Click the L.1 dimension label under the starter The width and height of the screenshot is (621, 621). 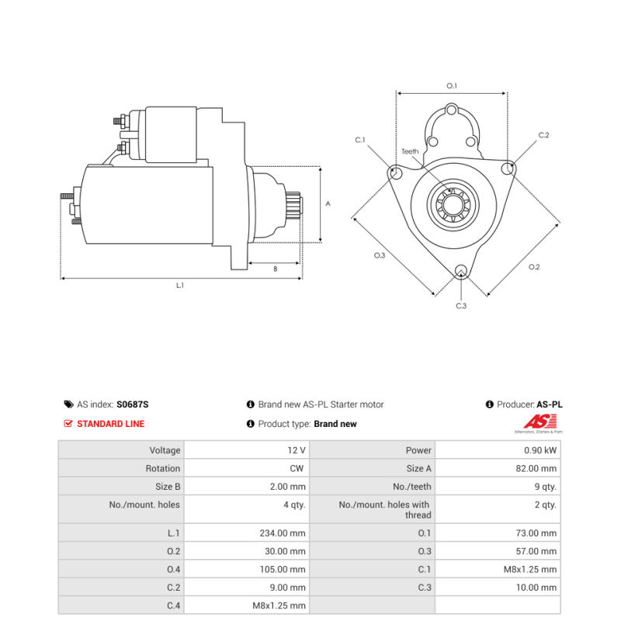(180, 286)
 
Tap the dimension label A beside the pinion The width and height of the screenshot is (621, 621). (328, 204)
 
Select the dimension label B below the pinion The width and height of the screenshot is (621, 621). (275, 269)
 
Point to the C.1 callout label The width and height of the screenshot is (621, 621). (360, 140)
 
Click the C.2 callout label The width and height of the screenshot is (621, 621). (543, 135)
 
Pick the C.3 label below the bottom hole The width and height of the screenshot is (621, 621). (461, 306)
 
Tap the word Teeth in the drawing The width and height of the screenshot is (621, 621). (410, 151)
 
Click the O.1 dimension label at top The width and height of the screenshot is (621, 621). (452, 85)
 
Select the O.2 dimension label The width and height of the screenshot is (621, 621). (534, 267)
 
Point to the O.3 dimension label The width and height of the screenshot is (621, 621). (380, 255)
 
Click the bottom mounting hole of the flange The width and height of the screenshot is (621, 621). (461, 271)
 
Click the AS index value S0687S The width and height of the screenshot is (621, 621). (132, 404)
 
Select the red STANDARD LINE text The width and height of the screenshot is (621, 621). (110, 424)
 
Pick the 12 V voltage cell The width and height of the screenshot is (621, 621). (297, 450)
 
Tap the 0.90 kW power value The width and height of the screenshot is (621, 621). (540, 450)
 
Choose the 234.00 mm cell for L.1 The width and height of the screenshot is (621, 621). (283, 533)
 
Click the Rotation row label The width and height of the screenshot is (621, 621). (163, 469)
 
